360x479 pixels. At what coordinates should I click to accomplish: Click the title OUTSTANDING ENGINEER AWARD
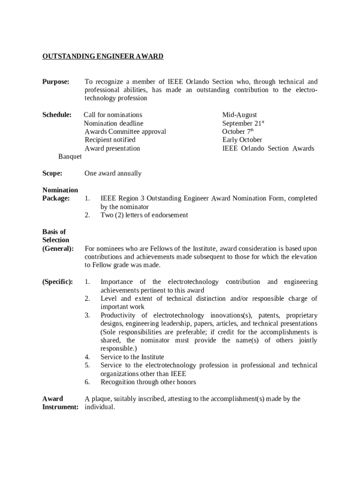103,57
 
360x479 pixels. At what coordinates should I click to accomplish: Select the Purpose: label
56,81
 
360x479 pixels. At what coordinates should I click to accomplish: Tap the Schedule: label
57,115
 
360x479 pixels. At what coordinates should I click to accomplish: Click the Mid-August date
239,115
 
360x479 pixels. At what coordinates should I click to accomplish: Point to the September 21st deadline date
243,123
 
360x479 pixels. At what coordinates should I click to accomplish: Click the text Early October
242,140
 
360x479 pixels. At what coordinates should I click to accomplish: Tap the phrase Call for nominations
113,115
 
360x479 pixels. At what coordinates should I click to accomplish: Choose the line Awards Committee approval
125,131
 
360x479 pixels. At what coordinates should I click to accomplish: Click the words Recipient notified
110,140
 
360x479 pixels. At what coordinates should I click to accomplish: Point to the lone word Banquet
70,156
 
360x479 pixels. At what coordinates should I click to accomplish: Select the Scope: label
52,174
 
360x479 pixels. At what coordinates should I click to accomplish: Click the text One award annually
113,174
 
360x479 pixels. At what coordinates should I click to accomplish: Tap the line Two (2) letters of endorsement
144,215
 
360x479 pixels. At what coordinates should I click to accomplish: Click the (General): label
58,248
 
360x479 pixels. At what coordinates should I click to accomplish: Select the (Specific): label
58,282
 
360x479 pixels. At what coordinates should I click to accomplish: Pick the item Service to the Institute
132,357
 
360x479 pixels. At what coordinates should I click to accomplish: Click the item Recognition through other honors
148,382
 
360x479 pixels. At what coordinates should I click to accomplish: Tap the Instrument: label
60,407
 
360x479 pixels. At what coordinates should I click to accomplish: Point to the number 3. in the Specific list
87,315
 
